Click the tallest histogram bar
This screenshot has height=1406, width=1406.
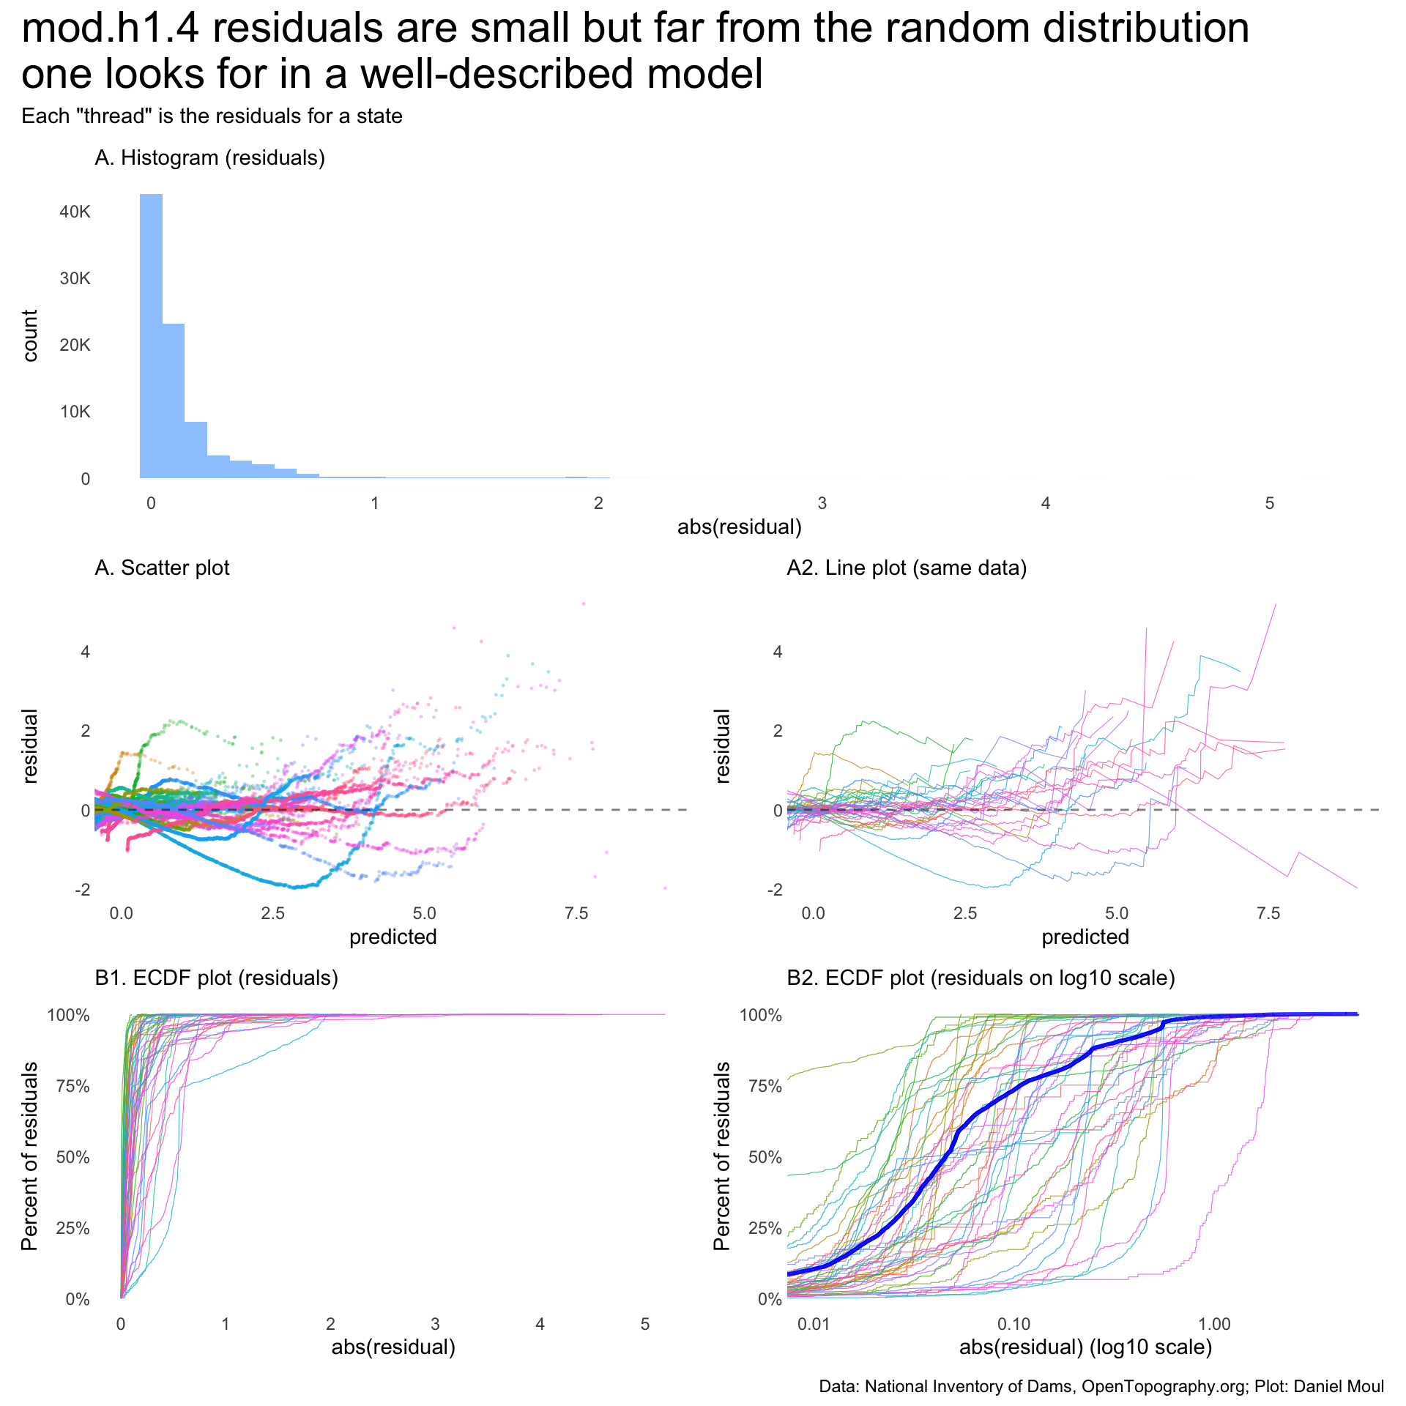152,337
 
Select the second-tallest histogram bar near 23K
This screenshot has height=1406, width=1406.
174,401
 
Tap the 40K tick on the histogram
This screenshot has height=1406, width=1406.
75,212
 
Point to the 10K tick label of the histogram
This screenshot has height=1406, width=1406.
75,412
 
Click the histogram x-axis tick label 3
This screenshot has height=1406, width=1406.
822,504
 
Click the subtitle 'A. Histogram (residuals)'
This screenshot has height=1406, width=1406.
209,158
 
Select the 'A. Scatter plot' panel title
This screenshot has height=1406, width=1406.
162,568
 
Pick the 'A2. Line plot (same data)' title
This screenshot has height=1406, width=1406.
907,568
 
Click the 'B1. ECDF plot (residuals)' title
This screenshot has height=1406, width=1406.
217,978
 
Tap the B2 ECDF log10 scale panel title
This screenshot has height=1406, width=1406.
981,978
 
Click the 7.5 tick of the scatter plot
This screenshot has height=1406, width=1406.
577,914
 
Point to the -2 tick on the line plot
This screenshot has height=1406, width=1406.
775,890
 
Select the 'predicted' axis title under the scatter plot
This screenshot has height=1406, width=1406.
393,937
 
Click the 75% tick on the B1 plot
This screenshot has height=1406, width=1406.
73,1087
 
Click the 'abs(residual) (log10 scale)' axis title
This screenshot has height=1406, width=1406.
1086,1347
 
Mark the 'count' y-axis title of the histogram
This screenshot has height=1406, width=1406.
30,335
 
